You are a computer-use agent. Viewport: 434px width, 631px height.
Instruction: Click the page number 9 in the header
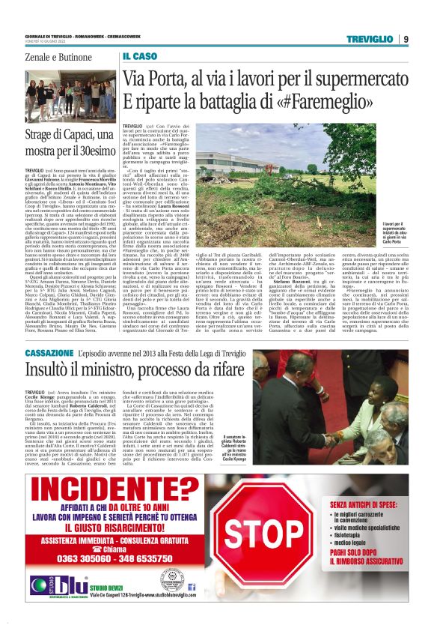(405, 39)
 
